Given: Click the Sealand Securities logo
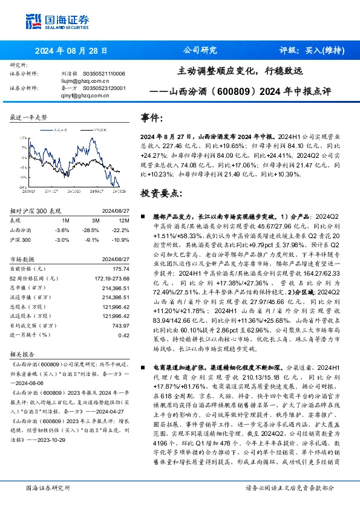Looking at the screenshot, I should click(x=51, y=22).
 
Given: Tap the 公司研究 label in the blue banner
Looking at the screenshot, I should click(x=200, y=51).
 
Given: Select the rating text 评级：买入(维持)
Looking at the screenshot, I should click(x=308, y=51).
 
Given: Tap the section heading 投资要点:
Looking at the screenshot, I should click(x=160, y=193).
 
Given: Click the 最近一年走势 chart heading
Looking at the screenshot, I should click(x=29, y=117).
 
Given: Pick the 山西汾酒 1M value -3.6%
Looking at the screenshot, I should click(x=62, y=230).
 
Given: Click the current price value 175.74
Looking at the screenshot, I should click(x=120, y=268).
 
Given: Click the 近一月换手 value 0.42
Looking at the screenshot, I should click(x=123, y=335).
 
